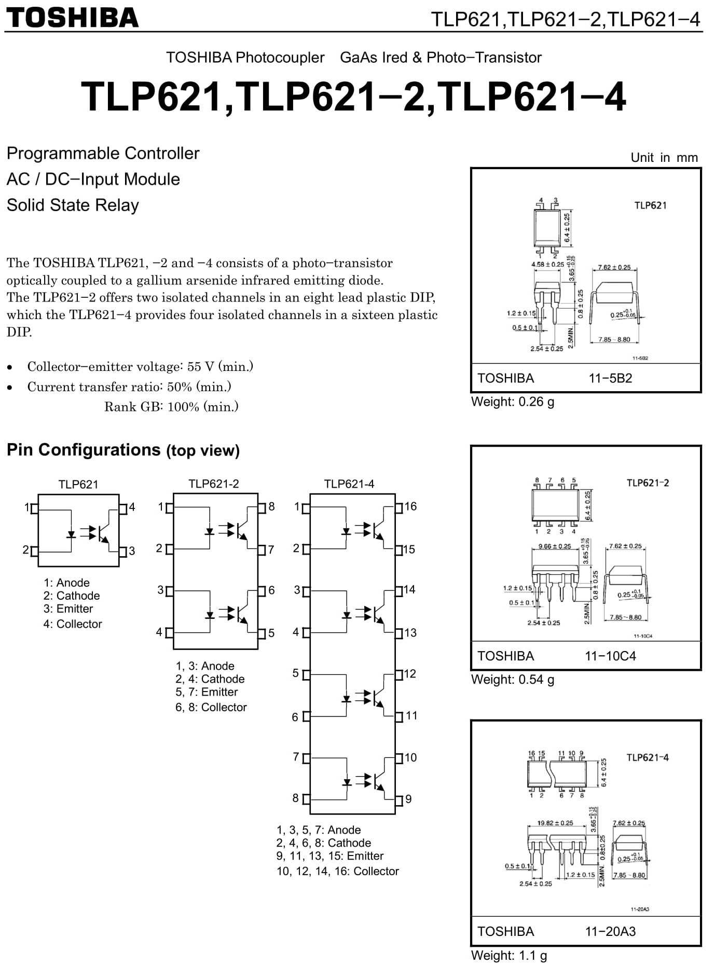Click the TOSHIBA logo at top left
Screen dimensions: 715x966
click(73, 18)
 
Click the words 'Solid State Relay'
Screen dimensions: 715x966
click(73, 205)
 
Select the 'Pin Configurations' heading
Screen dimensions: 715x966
click(84, 449)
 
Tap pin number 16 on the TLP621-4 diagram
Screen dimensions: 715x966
click(410, 506)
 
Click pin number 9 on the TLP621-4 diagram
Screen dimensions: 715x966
click(408, 799)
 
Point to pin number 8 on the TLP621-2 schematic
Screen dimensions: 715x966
click(271, 506)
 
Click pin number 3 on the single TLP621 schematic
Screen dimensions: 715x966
click(132, 551)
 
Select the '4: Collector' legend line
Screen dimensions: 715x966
click(73, 624)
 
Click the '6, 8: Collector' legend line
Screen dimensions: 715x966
click(211, 707)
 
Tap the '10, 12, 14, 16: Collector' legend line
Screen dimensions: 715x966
click(338, 871)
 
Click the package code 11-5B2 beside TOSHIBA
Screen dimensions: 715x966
click(610, 378)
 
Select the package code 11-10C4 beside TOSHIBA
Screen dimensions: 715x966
click(610, 656)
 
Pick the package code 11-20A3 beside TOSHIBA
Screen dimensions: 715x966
click(610, 931)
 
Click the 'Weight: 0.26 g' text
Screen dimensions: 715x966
click(513, 402)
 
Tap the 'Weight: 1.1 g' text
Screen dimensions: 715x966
click(509, 955)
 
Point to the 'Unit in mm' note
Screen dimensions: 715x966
click(664, 158)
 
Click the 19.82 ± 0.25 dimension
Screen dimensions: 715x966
click(555, 823)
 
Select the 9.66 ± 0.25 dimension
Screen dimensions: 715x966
click(555, 546)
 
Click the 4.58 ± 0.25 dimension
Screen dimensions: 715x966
click(547, 264)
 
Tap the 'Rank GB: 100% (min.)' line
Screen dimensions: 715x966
click(171, 407)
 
